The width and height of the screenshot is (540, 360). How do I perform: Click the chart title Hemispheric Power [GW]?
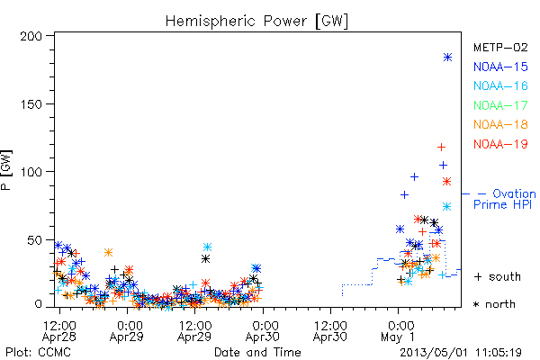(256, 21)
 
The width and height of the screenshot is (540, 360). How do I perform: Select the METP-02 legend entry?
(500, 47)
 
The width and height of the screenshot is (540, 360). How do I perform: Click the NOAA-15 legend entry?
(500, 67)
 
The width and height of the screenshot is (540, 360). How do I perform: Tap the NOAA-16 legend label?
(500, 85)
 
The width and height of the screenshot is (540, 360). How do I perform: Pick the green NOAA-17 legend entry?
(500, 105)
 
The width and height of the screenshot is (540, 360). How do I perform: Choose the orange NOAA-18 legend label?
(500, 124)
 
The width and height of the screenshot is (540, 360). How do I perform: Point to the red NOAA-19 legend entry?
(500, 144)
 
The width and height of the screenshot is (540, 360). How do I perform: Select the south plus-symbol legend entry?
(498, 276)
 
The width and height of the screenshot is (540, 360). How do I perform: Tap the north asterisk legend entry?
(494, 304)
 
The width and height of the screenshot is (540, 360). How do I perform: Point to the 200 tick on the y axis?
(31, 36)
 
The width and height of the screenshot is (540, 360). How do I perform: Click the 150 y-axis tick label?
(31, 104)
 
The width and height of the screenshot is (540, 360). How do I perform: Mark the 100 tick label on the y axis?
(31, 172)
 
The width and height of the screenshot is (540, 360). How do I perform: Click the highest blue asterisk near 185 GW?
(447, 58)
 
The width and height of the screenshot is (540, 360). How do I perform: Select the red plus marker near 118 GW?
(441, 147)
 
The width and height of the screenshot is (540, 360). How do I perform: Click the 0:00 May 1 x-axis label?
(399, 331)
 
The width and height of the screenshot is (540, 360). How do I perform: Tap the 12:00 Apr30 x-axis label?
(330, 331)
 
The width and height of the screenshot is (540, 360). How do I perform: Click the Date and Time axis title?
(257, 353)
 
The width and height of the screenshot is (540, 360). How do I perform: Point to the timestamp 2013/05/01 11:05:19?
(461, 353)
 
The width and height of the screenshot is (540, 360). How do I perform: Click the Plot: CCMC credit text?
(38, 353)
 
